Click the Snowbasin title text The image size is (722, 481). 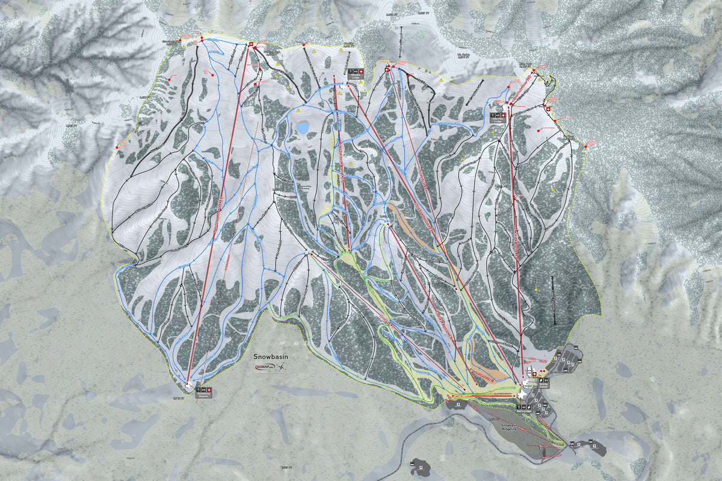271,357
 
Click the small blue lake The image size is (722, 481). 302,127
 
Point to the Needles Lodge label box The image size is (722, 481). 356,73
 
